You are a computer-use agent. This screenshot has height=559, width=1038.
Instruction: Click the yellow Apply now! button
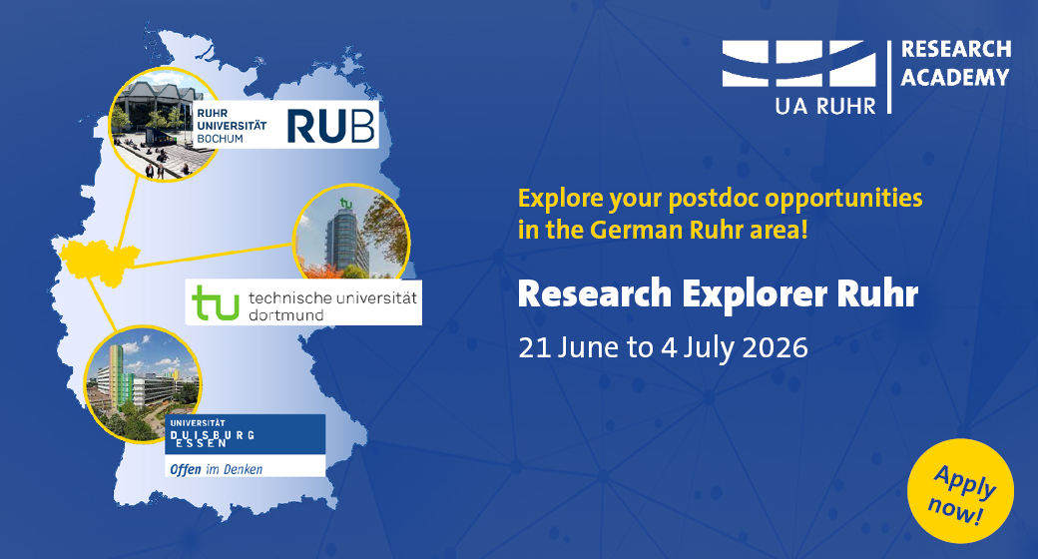960,491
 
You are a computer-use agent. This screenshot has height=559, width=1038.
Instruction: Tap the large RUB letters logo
331,126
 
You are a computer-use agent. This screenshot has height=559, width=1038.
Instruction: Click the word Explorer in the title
754,294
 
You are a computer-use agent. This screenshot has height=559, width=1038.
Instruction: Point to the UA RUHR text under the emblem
825,105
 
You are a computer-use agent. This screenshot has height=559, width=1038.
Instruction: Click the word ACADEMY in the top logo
955,78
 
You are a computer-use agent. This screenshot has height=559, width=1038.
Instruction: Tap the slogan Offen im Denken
217,469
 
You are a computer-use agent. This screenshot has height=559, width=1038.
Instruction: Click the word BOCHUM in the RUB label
220,139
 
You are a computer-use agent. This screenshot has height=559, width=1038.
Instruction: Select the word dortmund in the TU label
286,315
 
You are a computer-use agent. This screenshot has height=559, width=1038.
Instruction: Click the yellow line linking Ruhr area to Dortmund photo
214,256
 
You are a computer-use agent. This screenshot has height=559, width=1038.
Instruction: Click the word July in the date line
709,348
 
